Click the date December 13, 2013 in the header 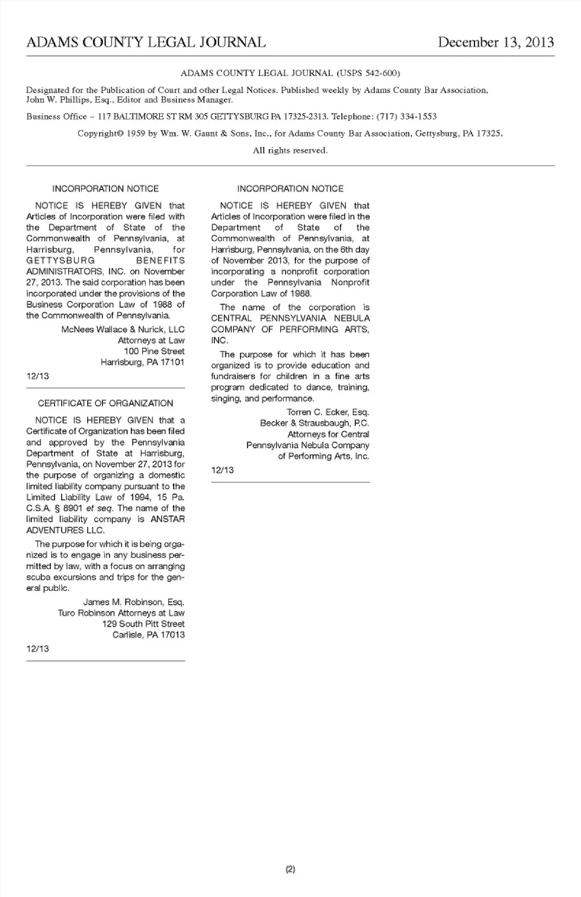[496, 42]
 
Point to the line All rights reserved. [290, 151]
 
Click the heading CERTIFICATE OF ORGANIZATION [105, 403]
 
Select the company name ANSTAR [167, 520]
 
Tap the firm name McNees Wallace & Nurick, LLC [123, 330]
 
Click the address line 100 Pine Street [154, 351]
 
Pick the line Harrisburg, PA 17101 [143, 362]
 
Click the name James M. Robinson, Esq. [134, 602]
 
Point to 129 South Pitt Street [143, 624]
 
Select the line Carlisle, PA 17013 [149, 635]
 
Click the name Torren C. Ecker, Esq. [328, 413]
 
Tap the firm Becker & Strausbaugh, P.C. [315, 423]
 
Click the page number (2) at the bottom [290, 870]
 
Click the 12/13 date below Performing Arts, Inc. [223, 471]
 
